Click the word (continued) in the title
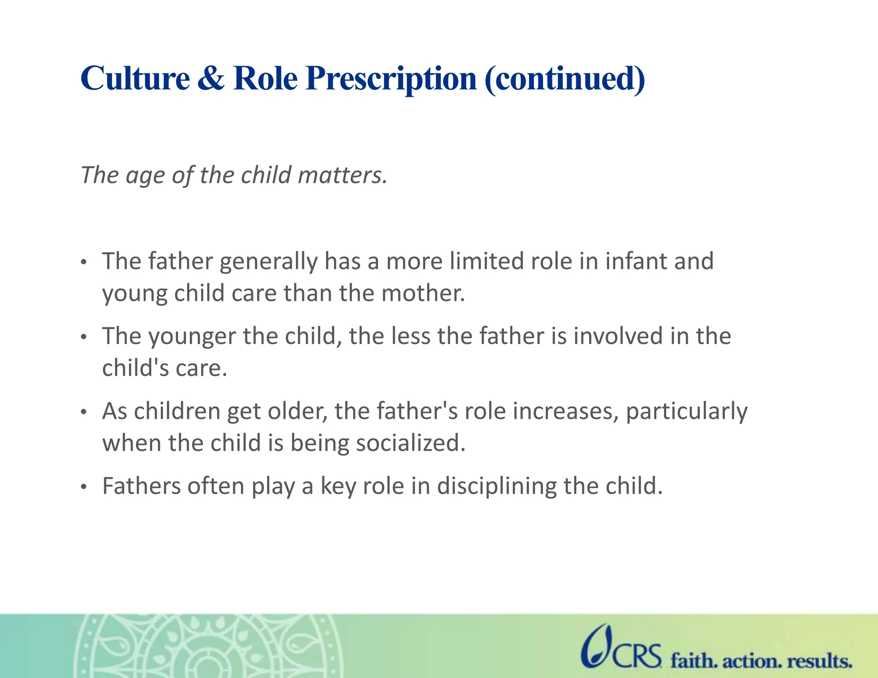pos(565,79)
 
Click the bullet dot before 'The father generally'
pos(84,262)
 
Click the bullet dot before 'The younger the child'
pos(84,337)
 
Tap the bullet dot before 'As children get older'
pos(84,412)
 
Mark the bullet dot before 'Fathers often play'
pos(84,487)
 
